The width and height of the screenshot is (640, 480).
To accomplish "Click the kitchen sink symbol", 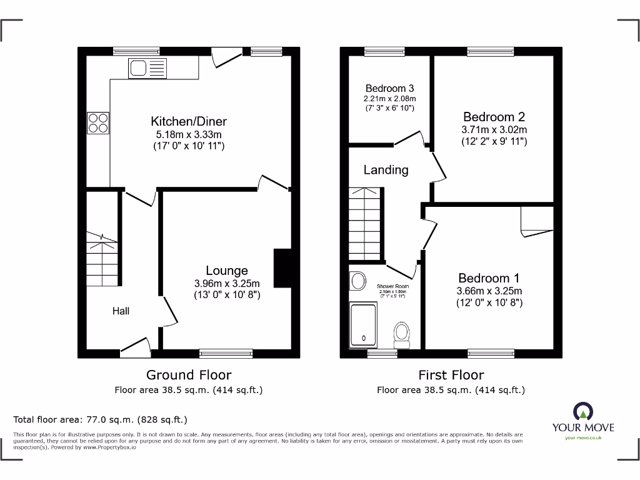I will point(147,67).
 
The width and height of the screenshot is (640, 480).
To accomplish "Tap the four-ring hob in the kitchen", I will point(98,122).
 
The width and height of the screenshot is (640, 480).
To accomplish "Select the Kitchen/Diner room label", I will point(188,121).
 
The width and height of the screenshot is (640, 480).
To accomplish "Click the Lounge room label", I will point(227,271).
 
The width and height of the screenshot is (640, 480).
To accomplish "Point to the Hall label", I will point(121,311).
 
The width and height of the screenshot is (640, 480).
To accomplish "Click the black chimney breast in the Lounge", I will point(282,268).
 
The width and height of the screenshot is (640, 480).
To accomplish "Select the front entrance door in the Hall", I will point(136,347).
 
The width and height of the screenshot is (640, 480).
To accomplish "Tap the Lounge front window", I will point(226,354).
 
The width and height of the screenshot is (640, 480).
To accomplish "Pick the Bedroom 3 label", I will point(389,89).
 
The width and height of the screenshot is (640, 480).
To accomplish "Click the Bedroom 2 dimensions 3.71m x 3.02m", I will point(494,130).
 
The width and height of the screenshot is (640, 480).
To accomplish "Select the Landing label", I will point(386,170).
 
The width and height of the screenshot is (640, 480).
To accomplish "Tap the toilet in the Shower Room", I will point(401,334).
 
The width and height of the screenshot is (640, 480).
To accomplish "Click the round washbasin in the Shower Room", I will point(358,281).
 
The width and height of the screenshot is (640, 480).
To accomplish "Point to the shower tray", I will point(364,324).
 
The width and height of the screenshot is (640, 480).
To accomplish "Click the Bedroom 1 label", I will point(489,278).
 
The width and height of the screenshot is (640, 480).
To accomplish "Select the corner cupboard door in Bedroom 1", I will point(536,222).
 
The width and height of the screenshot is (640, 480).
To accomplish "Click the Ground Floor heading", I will point(188,375).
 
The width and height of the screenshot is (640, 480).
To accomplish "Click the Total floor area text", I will point(100,420).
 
